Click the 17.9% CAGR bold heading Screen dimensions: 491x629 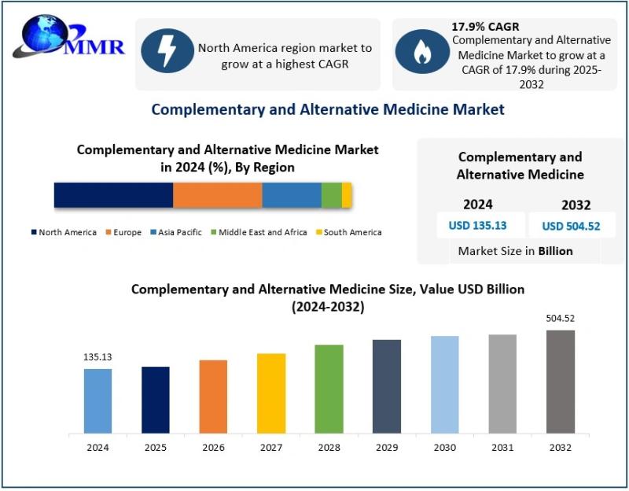point(485,27)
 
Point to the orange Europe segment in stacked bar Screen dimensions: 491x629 point(217,194)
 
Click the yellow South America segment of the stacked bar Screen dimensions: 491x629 point(347,194)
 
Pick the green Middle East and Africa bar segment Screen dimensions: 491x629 point(331,194)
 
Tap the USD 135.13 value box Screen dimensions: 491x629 point(477,226)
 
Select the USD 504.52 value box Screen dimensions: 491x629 point(571,227)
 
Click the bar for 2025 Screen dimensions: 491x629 point(156,400)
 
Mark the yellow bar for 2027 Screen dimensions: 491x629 point(271,393)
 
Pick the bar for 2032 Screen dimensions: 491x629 point(561,382)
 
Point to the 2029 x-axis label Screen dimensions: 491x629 point(387,448)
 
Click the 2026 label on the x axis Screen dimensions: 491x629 point(213,448)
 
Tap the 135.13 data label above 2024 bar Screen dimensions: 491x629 point(97,356)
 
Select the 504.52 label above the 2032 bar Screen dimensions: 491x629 point(561,319)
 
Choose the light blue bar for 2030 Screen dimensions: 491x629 point(445,385)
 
